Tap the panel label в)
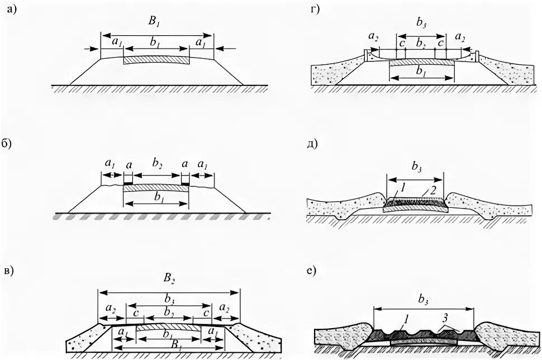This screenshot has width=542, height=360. pos(9,271)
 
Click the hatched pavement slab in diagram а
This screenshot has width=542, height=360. pos(156,58)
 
